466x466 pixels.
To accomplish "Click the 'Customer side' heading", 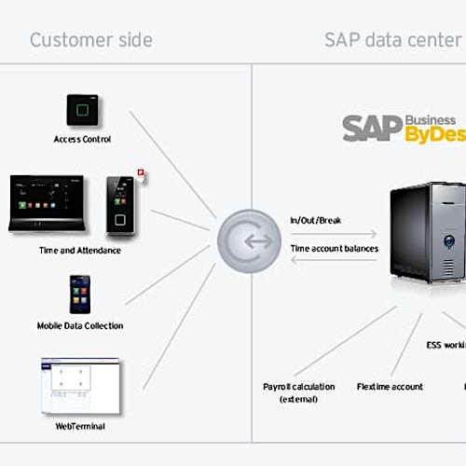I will (x=90, y=40).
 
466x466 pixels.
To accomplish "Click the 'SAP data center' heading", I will (x=392, y=40).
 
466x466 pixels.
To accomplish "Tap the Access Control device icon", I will (x=81, y=111).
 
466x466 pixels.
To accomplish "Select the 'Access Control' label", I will (x=82, y=140).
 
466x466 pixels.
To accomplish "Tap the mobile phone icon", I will (x=80, y=295).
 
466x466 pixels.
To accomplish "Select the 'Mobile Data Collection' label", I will (x=80, y=325).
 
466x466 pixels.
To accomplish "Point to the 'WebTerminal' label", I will (x=81, y=426).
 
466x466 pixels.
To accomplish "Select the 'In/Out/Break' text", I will (x=317, y=220).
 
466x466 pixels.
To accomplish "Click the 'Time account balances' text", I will (x=333, y=249).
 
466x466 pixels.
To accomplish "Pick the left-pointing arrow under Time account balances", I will (x=334, y=262).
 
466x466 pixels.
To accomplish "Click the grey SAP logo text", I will (x=372, y=129).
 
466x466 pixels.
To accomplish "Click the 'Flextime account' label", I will (x=390, y=386).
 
